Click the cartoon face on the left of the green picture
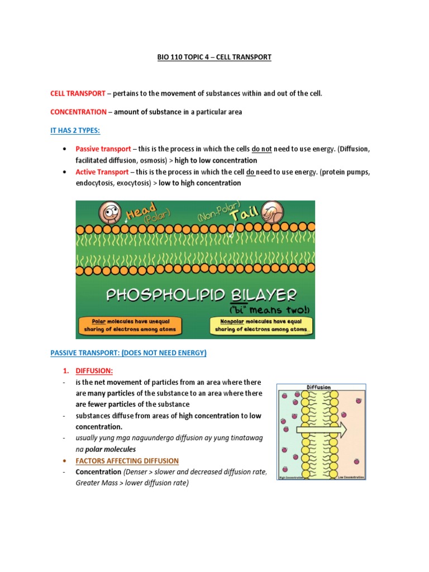pos(109,212)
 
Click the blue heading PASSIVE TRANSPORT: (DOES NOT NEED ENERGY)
pos(128,352)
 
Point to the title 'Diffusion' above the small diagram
pos(319,387)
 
